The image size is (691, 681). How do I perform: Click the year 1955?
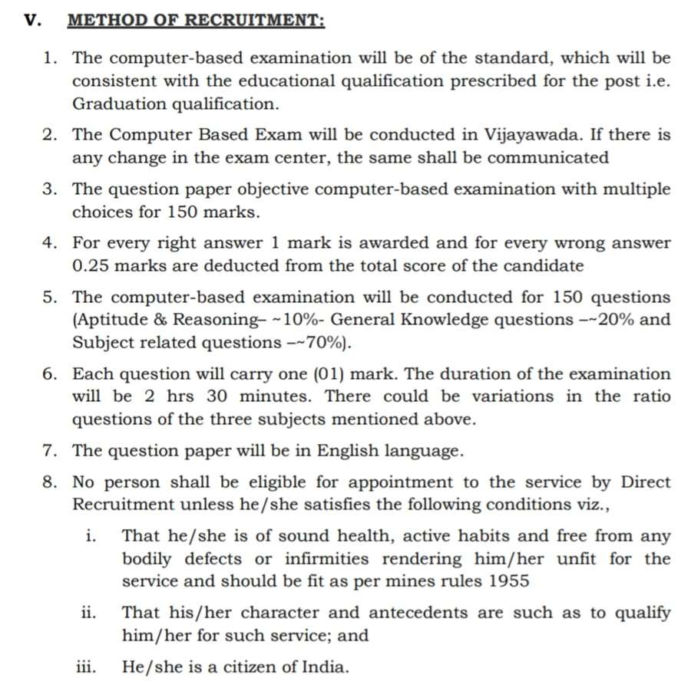point(508,581)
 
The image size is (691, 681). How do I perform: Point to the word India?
point(310,666)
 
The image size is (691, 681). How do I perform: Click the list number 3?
point(51,189)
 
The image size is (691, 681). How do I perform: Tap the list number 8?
point(51,482)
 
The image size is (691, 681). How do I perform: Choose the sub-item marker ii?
point(88,613)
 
